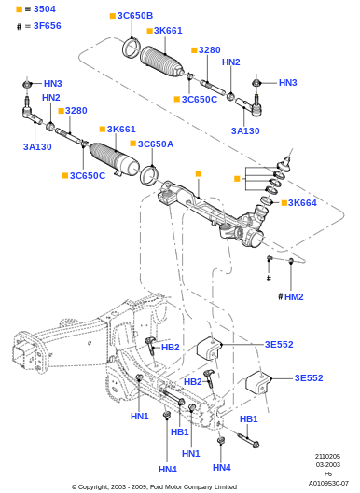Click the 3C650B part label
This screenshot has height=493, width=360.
click(x=135, y=16)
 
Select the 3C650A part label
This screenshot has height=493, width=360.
click(x=156, y=144)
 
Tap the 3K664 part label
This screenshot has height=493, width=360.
click(x=302, y=203)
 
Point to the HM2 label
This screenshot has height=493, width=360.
click(x=294, y=296)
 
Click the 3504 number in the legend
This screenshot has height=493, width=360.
click(x=45, y=9)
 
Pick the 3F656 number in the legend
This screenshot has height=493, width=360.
click(x=48, y=26)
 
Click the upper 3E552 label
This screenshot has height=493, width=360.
click(x=279, y=344)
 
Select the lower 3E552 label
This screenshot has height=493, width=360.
click(x=309, y=377)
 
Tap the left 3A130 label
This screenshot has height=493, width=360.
click(x=37, y=147)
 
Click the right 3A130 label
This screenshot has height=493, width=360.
click(x=245, y=130)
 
